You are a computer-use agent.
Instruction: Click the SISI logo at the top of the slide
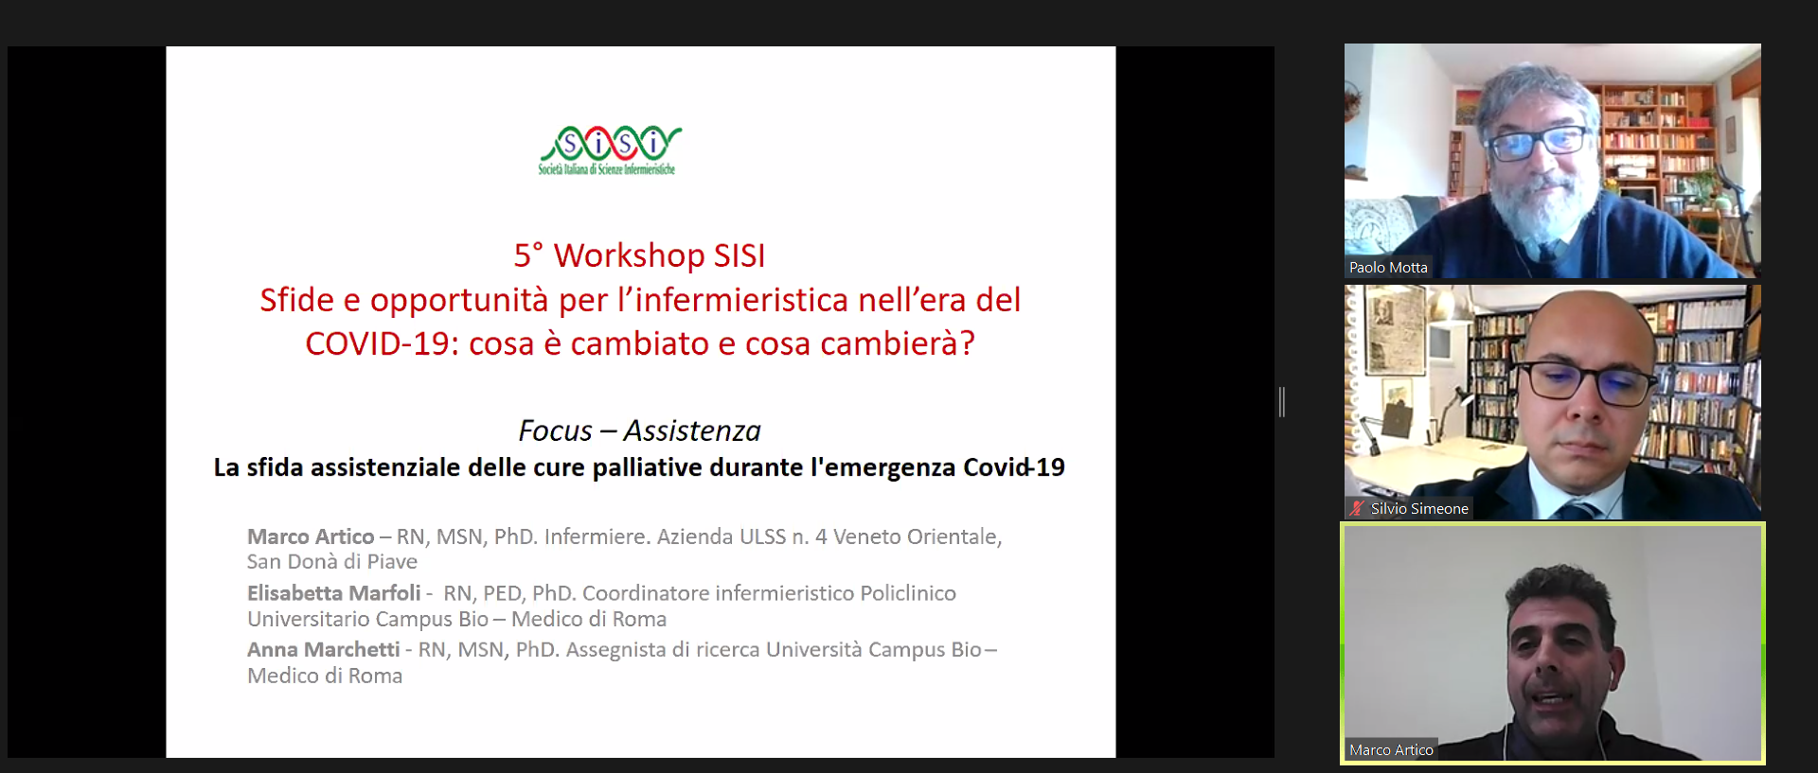(x=609, y=150)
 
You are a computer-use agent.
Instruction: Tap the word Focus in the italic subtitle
(x=555, y=430)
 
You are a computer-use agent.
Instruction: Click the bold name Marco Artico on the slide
(x=311, y=536)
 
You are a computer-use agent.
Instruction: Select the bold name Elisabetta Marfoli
(x=333, y=593)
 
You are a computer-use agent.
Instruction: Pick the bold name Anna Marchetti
(x=323, y=650)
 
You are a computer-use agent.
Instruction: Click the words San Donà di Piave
(x=331, y=562)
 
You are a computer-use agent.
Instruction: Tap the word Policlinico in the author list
(x=908, y=593)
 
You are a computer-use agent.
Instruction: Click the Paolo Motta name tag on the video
(x=1388, y=268)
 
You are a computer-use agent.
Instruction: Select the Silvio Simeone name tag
(x=1418, y=508)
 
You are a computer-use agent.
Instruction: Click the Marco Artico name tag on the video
(x=1391, y=749)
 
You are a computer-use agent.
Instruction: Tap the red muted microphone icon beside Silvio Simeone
(x=1357, y=508)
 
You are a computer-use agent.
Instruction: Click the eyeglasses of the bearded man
(x=1539, y=143)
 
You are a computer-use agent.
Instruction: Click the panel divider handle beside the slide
(x=1281, y=402)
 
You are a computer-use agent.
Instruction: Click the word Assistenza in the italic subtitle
(x=692, y=430)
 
